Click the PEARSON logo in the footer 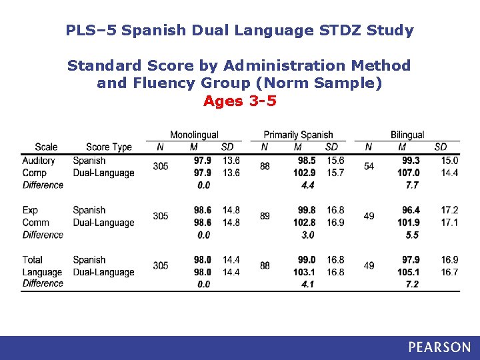(x=439, y=347)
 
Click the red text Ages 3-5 (x=239, y=101)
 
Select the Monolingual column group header (x=194, y=135)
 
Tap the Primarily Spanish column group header (x=298, y=135)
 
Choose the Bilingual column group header (x=407, y=135)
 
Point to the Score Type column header (x=109, y=147)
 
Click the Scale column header (x=46, y=147)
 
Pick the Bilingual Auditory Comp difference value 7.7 (x=411, y=185)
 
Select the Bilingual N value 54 (x=369, y=166)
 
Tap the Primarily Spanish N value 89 (x=265, y=216)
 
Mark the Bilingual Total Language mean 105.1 (x=408, y=272)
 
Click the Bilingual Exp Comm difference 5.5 (x=411, y=235)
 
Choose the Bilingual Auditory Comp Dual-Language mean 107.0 (x=408, y=173)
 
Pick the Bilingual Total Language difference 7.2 (x=411, y=284)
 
